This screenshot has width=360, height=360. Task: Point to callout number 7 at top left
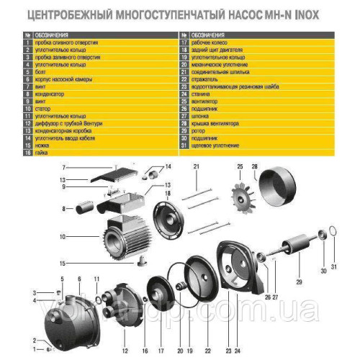84,167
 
